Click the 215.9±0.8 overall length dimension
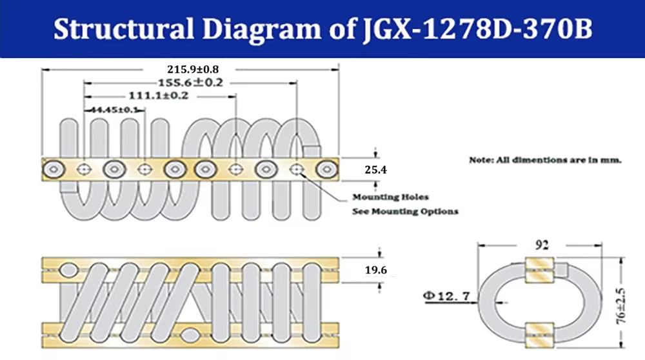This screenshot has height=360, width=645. [x=190, y=68]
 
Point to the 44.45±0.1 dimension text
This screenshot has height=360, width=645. [x=114, y=110]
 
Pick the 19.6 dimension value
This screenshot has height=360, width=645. [x=375, y=270]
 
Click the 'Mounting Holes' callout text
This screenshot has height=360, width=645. [x=390, y=197]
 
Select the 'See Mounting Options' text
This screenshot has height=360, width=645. [x=404, y=211]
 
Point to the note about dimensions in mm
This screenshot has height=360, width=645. [x=545, y=159]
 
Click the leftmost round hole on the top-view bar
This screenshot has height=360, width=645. [x=53, y=169]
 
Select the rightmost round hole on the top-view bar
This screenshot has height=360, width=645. [x=326, y=169]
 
